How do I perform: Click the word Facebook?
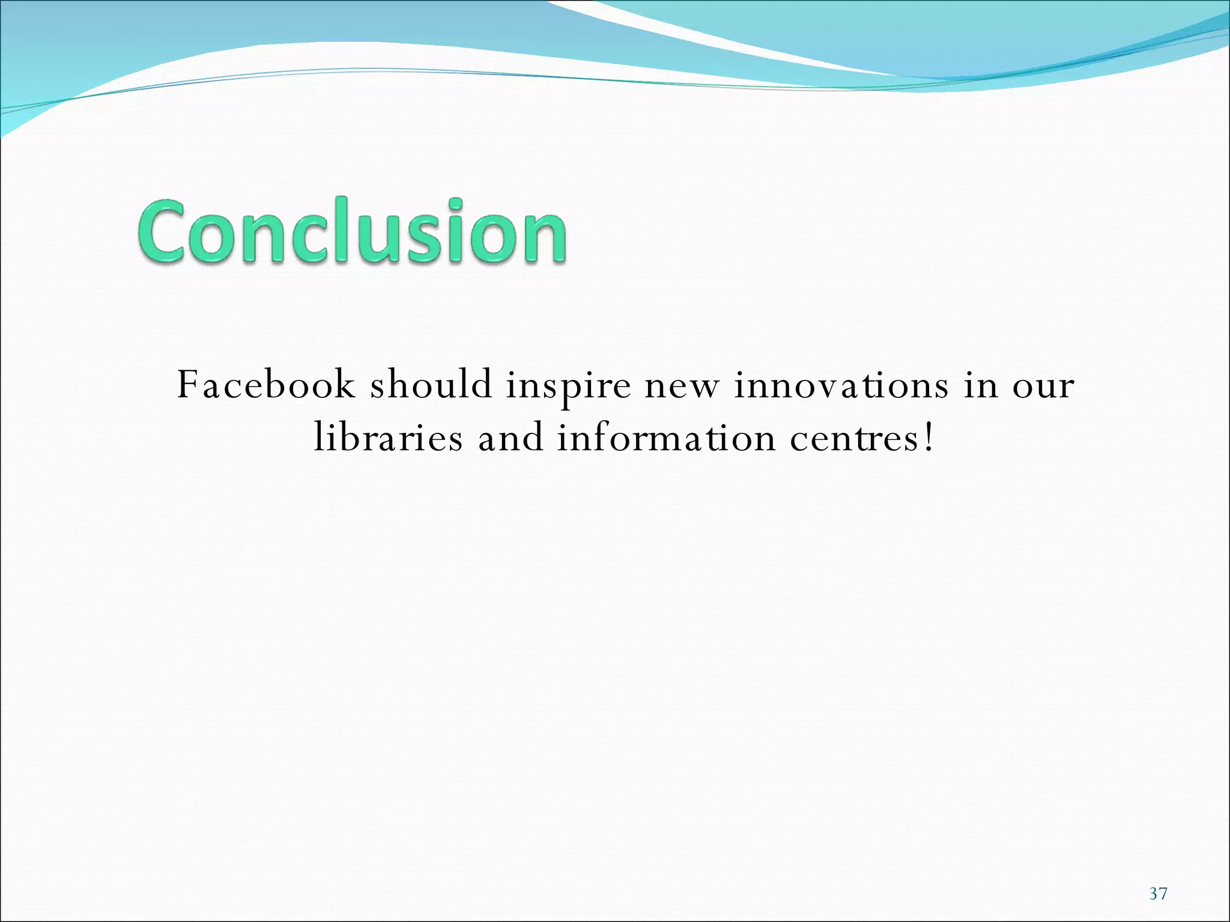point(266,385)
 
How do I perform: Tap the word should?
point(431,385)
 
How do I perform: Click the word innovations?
point(841,385)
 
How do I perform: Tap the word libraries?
point(389,438)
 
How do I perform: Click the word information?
point(666,438)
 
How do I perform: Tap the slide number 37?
point(1158,894)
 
